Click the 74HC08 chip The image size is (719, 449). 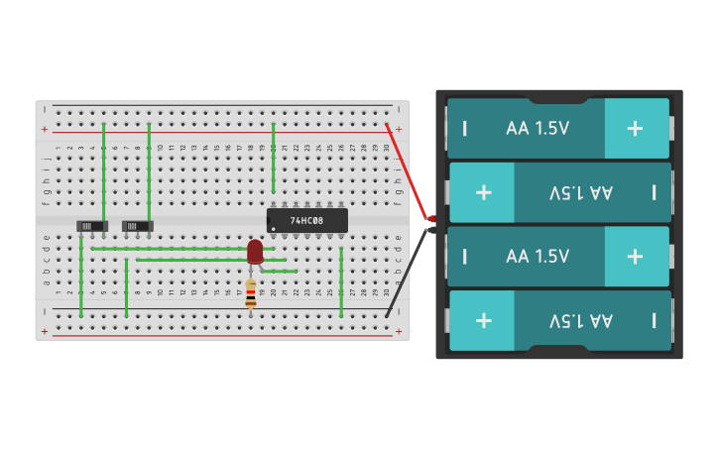[x=307, y=220]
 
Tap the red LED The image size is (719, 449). [x=255, y=250]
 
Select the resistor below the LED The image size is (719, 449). [x=250, y=293]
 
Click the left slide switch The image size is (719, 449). [x=91, y=226]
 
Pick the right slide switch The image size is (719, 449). [x=137, y=226]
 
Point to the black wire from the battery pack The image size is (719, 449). [x=408, y=273]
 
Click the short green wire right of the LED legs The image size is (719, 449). [x=280, y=271]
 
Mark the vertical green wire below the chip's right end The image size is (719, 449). [x=341, y=282]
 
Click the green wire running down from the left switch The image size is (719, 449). [x=80, y=278]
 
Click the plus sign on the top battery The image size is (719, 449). [x=635, y=128]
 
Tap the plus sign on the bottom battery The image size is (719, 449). [x=483, y=320]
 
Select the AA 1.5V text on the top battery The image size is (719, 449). [x=538, y=128]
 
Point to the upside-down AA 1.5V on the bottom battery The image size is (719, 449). [x=581, y=320]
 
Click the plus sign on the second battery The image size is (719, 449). [x=483, y=192]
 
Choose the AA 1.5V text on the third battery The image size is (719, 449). [x=538, y=256]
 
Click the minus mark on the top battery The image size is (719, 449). [x=464, y=128]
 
